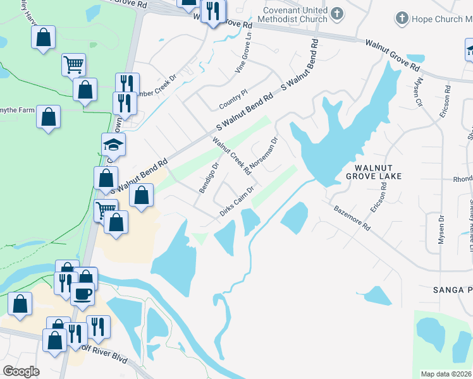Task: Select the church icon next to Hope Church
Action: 401,20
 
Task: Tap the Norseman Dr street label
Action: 264,155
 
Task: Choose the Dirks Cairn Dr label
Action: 236,202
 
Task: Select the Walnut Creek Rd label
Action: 231,157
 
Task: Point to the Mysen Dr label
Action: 441,229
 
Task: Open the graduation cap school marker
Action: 114,146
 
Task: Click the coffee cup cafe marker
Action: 82,294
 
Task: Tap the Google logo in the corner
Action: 21,371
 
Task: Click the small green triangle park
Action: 200,238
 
